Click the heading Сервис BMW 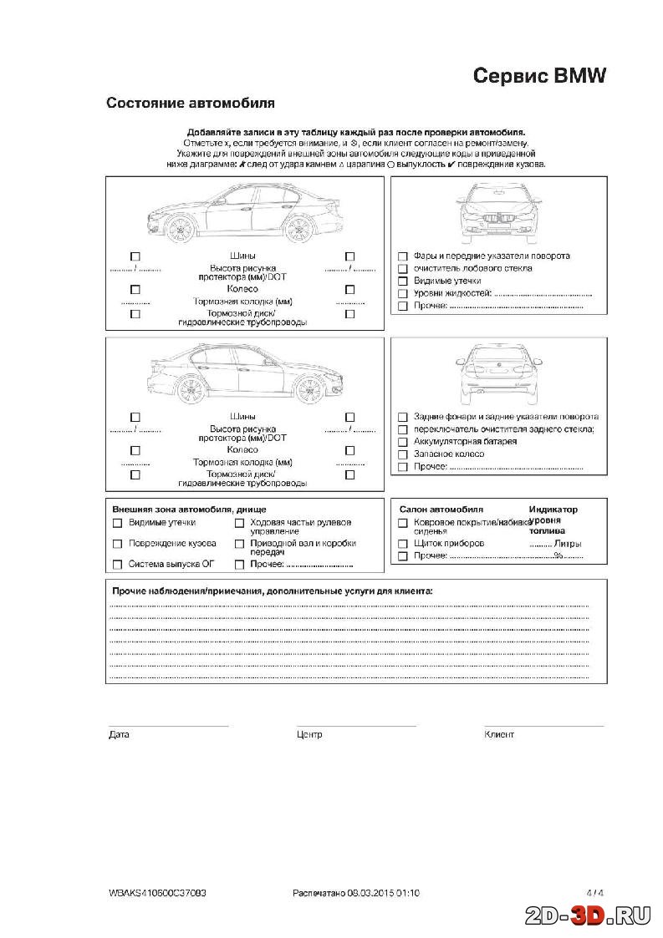[x=539, y=75]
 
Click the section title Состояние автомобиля [x=191, y=104]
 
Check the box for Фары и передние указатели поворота [x=403, y=256]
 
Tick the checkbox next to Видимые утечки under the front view [x=403, y=281]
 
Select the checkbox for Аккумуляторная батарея [x=403, y=442]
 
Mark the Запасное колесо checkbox [x=403, y=454]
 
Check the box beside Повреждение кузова [x=117, y=544]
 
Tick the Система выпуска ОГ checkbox [x=117, y=565]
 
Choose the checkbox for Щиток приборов [x=403, y=544]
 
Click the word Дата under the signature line [x=119, y=735]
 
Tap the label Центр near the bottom [x=309, y=735]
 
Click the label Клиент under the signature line [x=499, y=735]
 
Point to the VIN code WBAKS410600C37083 [x=157, y=893]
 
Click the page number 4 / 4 [x=594, y=893]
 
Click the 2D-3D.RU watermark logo [x=588, y=917]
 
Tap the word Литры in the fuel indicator [x=568, y=544]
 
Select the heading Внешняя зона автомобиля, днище [x=189, y=509]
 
